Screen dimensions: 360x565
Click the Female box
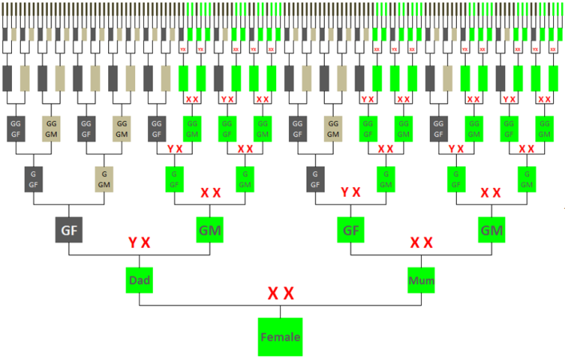tap(280, 337)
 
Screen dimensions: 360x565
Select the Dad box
tap(139, 281)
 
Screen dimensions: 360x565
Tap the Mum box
tap(421, 281)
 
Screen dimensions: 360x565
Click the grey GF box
tap(69, 230)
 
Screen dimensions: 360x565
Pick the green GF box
tap(351, 230)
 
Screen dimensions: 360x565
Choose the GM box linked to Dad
tap(210, 230)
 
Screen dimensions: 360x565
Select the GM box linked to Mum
tap(491, 230)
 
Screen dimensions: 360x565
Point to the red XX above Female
tap(280, 294)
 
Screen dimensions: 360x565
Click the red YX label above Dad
tap(139, 242)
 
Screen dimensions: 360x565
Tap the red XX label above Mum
tap(421, 242)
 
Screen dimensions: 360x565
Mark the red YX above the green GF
tap(351, 192)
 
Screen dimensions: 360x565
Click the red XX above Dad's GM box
tap(210, 193)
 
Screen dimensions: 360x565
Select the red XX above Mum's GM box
tap(491, 193)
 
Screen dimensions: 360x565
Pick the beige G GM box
tap(104, 179)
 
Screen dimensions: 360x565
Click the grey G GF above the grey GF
tap(34, 179)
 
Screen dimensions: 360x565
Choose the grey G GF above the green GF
tap(315, 179)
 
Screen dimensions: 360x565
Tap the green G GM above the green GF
tap(386, 179)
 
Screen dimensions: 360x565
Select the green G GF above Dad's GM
tap(174, 179)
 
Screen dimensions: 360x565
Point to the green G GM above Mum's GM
tap(527, 179)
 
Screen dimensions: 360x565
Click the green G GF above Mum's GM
tap(456, 179)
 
